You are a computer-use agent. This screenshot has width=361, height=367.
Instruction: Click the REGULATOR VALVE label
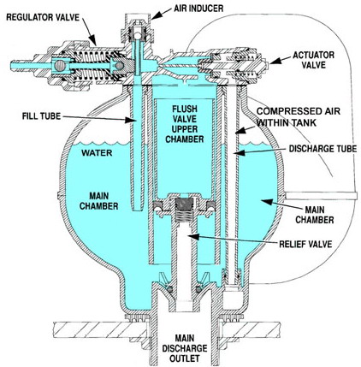coord(43,17)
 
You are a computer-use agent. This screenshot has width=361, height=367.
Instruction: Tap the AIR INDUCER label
coord(198,9)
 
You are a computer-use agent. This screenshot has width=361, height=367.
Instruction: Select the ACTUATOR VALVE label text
coord(313,60)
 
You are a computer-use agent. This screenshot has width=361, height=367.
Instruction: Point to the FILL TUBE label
coord(41,116)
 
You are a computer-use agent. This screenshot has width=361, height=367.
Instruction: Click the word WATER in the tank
coord(97,153)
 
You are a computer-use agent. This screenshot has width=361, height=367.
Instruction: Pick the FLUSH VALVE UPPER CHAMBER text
coord(185,124)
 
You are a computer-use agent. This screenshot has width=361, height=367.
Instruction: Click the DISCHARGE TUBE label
coord(323,149)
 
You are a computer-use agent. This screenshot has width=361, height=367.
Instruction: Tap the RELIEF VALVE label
coord(305,244)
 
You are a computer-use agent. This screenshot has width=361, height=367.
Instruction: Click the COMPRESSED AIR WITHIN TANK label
coord(299,116)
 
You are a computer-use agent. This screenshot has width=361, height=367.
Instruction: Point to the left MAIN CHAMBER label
coord(98,201)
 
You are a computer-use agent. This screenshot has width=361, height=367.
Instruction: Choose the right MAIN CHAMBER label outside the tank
coord(315,215)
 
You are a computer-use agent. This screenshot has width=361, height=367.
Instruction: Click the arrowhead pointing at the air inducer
coord(156,15)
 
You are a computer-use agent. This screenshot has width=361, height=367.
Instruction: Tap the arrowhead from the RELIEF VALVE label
coord(193,236)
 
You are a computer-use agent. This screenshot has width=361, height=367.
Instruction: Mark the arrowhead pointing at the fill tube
coord(130,121)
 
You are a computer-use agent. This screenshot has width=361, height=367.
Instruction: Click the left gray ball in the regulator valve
coord(61,66)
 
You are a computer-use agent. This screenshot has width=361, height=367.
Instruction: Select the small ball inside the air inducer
coord(138,35)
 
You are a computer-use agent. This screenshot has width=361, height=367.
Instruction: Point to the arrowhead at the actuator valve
coord(274,61)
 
